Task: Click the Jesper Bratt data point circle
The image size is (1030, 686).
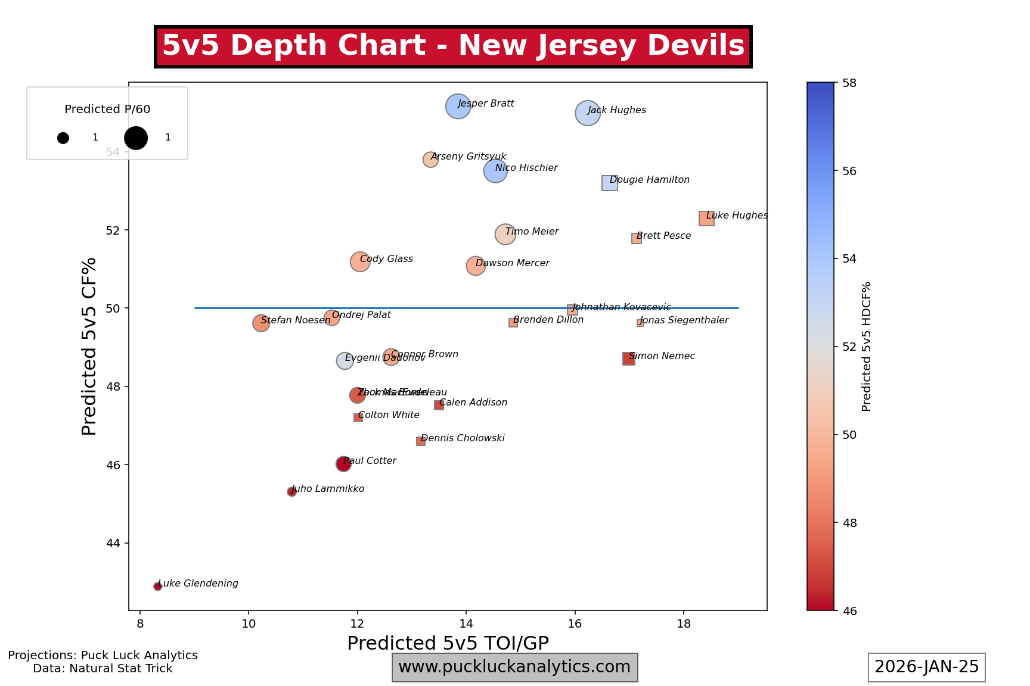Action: (458, 107)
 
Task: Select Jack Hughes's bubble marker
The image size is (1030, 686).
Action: (588, 113)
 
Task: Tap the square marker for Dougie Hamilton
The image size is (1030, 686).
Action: (610, 183)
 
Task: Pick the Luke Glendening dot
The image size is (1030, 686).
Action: (158, 587)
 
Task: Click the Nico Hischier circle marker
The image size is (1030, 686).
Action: (495, 171)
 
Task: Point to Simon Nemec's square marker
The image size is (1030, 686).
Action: (629, 358)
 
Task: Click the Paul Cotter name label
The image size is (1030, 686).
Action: (370, 461)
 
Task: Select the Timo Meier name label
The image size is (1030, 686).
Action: (532, 232)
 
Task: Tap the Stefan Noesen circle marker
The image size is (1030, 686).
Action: (261, 323)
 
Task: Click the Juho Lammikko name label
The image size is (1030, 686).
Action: (328, 489)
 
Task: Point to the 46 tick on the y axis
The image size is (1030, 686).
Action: (113, 465)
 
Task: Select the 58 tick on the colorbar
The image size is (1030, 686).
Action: (849, 83)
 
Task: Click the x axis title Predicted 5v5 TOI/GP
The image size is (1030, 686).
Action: (448, 644)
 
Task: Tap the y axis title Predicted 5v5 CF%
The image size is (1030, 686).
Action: (89, 346)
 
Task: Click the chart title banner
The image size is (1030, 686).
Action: (453, 46)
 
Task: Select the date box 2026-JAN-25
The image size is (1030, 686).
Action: (926, 667)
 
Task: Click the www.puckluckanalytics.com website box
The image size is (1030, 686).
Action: (514, 667)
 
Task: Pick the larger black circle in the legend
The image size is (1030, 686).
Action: (136, 138)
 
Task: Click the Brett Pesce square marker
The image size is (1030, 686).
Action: (637, 238)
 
